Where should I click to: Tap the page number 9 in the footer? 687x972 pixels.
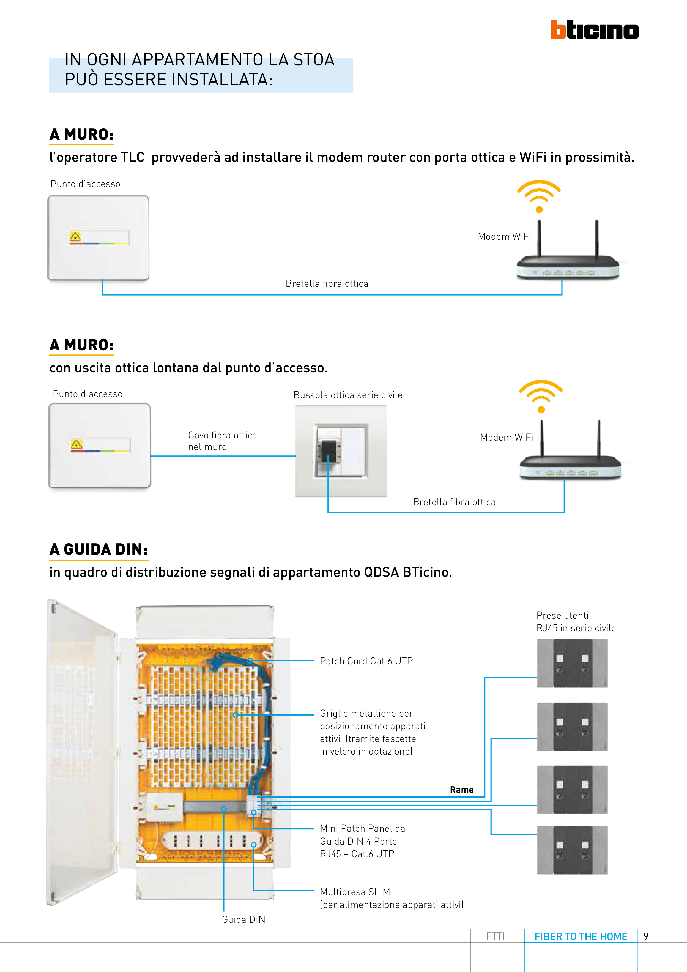click(x=646, y=936)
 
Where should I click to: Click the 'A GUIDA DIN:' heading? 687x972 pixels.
click(x=98, y=550)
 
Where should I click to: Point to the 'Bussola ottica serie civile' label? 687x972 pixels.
click(x=347, y=395)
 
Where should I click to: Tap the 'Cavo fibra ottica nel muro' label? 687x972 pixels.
click(x=222, y=441)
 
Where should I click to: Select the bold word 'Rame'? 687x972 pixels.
click(x=461, y=790)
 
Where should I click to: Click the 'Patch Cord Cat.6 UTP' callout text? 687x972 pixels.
click(x=366, y=661)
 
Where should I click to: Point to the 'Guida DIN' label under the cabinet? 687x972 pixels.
click(x=243, y=919)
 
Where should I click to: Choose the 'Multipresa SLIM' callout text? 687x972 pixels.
click(x=355, y=892)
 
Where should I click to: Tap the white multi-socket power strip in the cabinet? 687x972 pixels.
click(x=212, y=841)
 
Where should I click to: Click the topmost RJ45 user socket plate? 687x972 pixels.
click(x=572, y=664)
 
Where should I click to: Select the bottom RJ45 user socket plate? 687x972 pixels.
click(x=572, y=850)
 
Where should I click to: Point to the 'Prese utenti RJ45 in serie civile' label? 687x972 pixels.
click(x=576, y=621)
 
